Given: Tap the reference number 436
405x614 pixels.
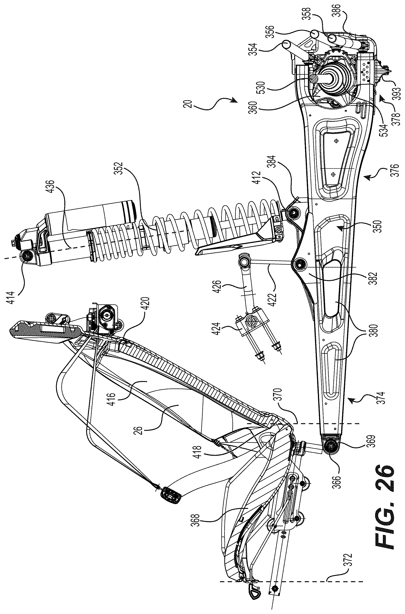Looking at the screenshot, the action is pos(50,188).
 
